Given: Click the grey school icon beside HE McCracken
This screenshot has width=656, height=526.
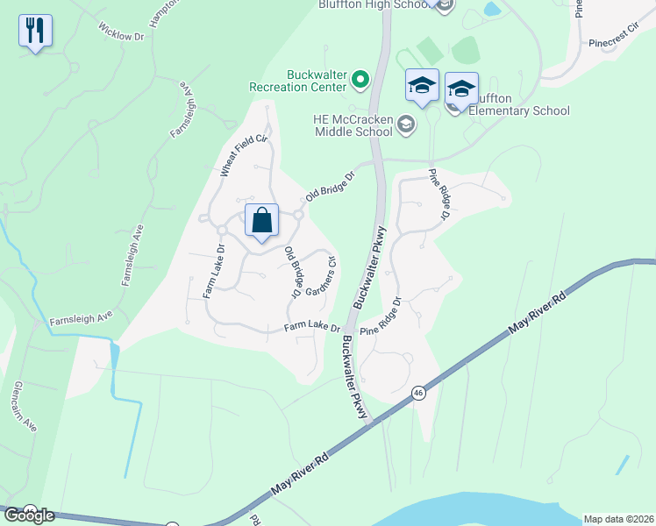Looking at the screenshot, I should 406,124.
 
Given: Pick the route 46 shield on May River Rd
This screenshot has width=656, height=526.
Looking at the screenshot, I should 418,395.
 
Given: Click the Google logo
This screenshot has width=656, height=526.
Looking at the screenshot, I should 28,515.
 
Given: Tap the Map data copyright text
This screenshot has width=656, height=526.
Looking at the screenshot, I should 617,518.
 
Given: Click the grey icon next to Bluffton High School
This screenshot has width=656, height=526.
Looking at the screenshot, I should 444,6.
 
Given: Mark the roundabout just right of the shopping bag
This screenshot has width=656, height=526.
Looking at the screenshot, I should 299,215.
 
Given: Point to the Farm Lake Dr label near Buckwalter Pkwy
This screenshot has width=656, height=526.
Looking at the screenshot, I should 311,328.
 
